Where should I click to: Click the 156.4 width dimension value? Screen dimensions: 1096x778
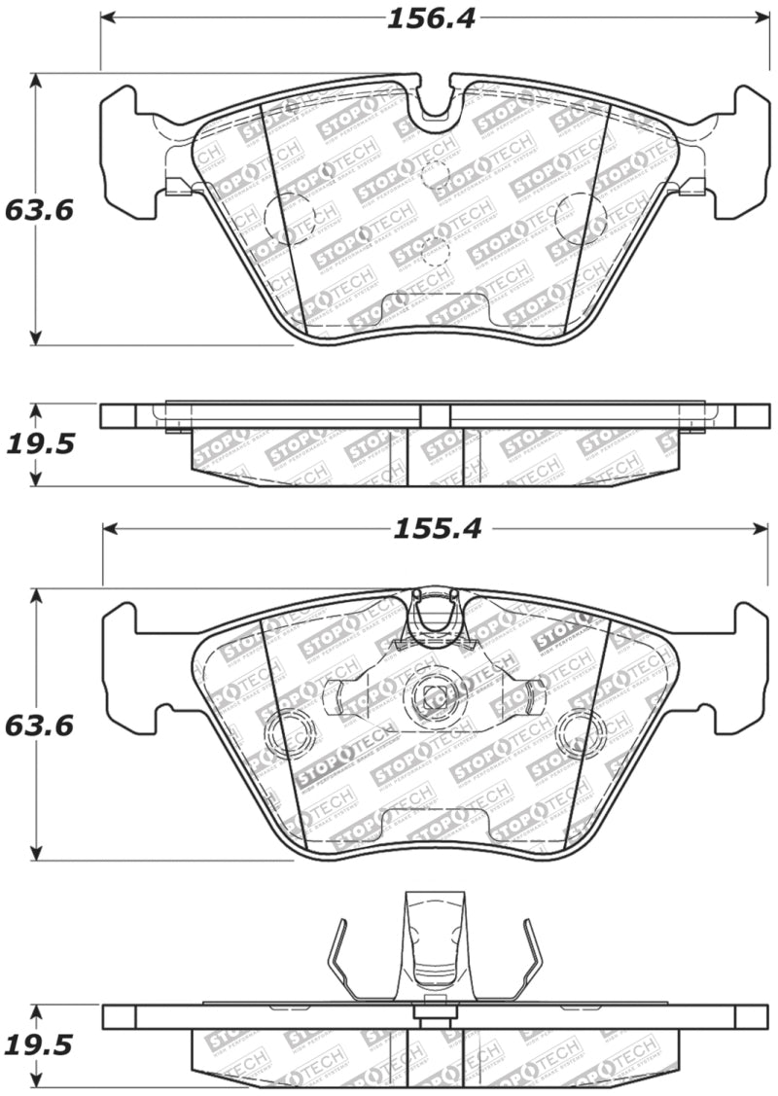click(x=431, y=18)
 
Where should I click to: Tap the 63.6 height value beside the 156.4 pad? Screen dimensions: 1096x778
click(x=39, y=209)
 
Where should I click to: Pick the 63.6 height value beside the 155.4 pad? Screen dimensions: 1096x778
click(x=39, y=725)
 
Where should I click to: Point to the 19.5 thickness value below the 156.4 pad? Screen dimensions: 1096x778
click(x=39, y=444)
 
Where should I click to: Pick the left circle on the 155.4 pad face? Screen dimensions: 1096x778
click(x=289, y=733)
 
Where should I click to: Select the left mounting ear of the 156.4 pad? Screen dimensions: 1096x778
click(x=126, y=151)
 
